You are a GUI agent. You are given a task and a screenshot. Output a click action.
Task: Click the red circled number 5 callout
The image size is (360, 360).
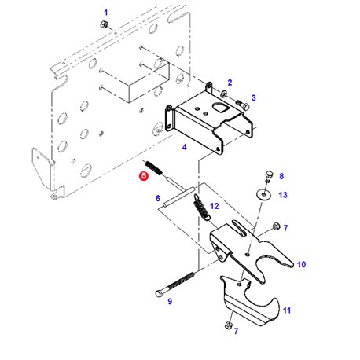(144, 176)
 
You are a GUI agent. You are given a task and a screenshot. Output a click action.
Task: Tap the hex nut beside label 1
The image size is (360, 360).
(104, 25)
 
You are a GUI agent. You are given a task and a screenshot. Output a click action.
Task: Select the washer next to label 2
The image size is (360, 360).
(224, 94)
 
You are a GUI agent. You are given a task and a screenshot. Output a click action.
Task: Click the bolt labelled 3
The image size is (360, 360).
(242, 105)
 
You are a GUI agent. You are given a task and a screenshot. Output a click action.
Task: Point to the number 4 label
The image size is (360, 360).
(185, 147)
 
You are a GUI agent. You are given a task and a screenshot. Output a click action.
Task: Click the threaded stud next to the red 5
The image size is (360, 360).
(153, 168)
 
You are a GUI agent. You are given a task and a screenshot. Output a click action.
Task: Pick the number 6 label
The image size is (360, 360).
(158, 198)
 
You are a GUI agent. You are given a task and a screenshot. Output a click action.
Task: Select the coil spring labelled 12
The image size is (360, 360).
(202, 207)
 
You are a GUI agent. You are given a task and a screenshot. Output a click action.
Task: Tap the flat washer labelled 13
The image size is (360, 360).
(263, 194)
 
